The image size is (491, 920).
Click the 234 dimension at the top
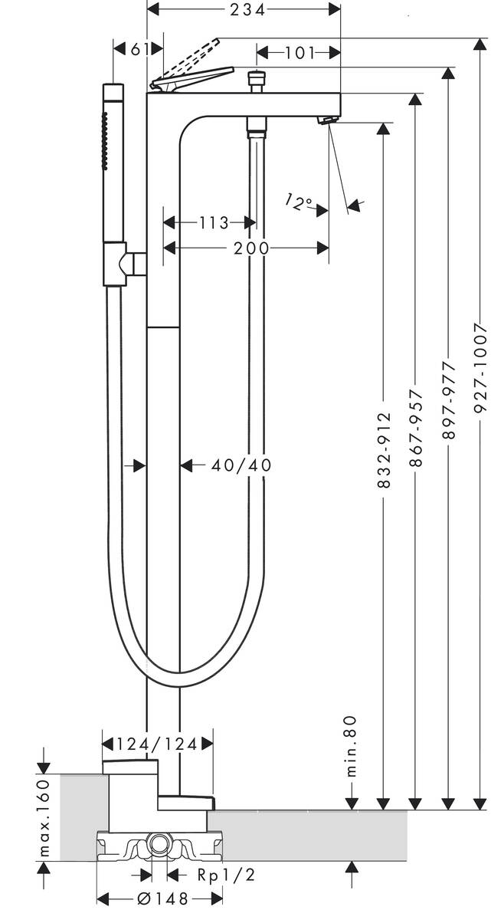point(247,9)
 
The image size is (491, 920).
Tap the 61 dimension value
point(139,50)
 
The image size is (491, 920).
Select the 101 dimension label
point(300,53)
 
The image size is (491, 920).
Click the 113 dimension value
point(214,222)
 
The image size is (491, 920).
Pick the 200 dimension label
point(251,248)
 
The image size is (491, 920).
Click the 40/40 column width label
point(241,465)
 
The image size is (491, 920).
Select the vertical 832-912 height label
point(384,451)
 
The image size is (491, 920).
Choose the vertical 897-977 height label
point(449,401)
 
